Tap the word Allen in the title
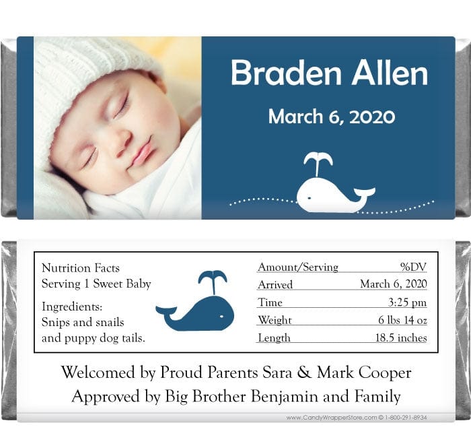390,73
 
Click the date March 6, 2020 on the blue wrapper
331,117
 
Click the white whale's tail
365,193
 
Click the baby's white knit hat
81,74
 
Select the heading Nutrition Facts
80,268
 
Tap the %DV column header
413,267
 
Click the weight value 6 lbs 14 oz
402,320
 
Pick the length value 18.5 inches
401,338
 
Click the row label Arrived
275,285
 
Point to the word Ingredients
72,307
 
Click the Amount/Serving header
298,267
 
